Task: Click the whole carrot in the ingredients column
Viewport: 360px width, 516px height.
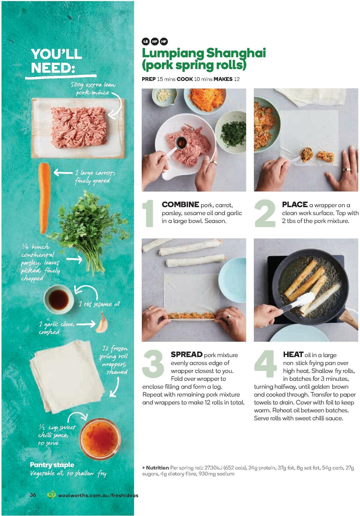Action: point(45,198)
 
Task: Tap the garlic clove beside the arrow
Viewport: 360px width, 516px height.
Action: point(100,323)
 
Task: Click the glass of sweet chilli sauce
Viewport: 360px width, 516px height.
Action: point(100,439)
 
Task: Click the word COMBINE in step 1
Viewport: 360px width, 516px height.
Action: point(180,205)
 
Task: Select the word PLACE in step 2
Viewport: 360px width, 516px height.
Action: point(295,205)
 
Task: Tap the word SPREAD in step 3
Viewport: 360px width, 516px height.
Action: point(187,355)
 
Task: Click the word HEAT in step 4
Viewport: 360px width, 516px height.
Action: point(293,355)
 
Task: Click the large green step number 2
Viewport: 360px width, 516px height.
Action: point(265,213)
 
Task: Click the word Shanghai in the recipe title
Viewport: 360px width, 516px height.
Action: point(236,53)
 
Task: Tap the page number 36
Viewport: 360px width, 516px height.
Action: point(33,495)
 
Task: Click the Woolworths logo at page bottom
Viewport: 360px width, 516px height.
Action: point(52,495)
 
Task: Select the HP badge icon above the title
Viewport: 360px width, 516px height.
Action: point(155,41)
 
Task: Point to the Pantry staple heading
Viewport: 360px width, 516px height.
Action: point(52,465)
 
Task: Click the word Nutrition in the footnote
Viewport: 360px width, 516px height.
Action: point(157,468)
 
